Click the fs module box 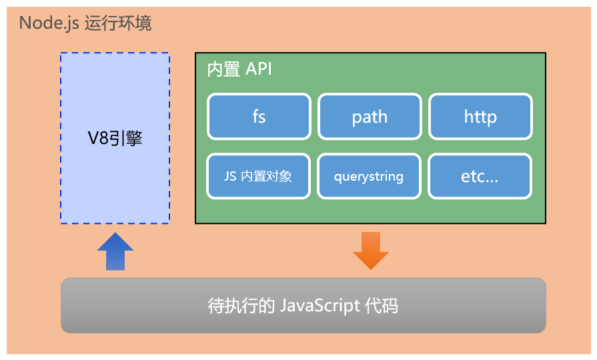click(259, 117)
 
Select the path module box click(370, 117)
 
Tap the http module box click(480, 117)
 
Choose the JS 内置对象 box click(259, 177)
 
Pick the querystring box click(370, 177)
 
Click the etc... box click(480, 177)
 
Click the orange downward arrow click(370, 251)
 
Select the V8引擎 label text click(115, 139)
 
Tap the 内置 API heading click(239, 69)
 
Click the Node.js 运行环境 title click(85, 23)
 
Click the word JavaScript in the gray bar click(320, 306)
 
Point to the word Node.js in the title click(49, 23)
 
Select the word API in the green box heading click(259, 69)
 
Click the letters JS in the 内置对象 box click(230, 177)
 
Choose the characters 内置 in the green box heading click(223, 69)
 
